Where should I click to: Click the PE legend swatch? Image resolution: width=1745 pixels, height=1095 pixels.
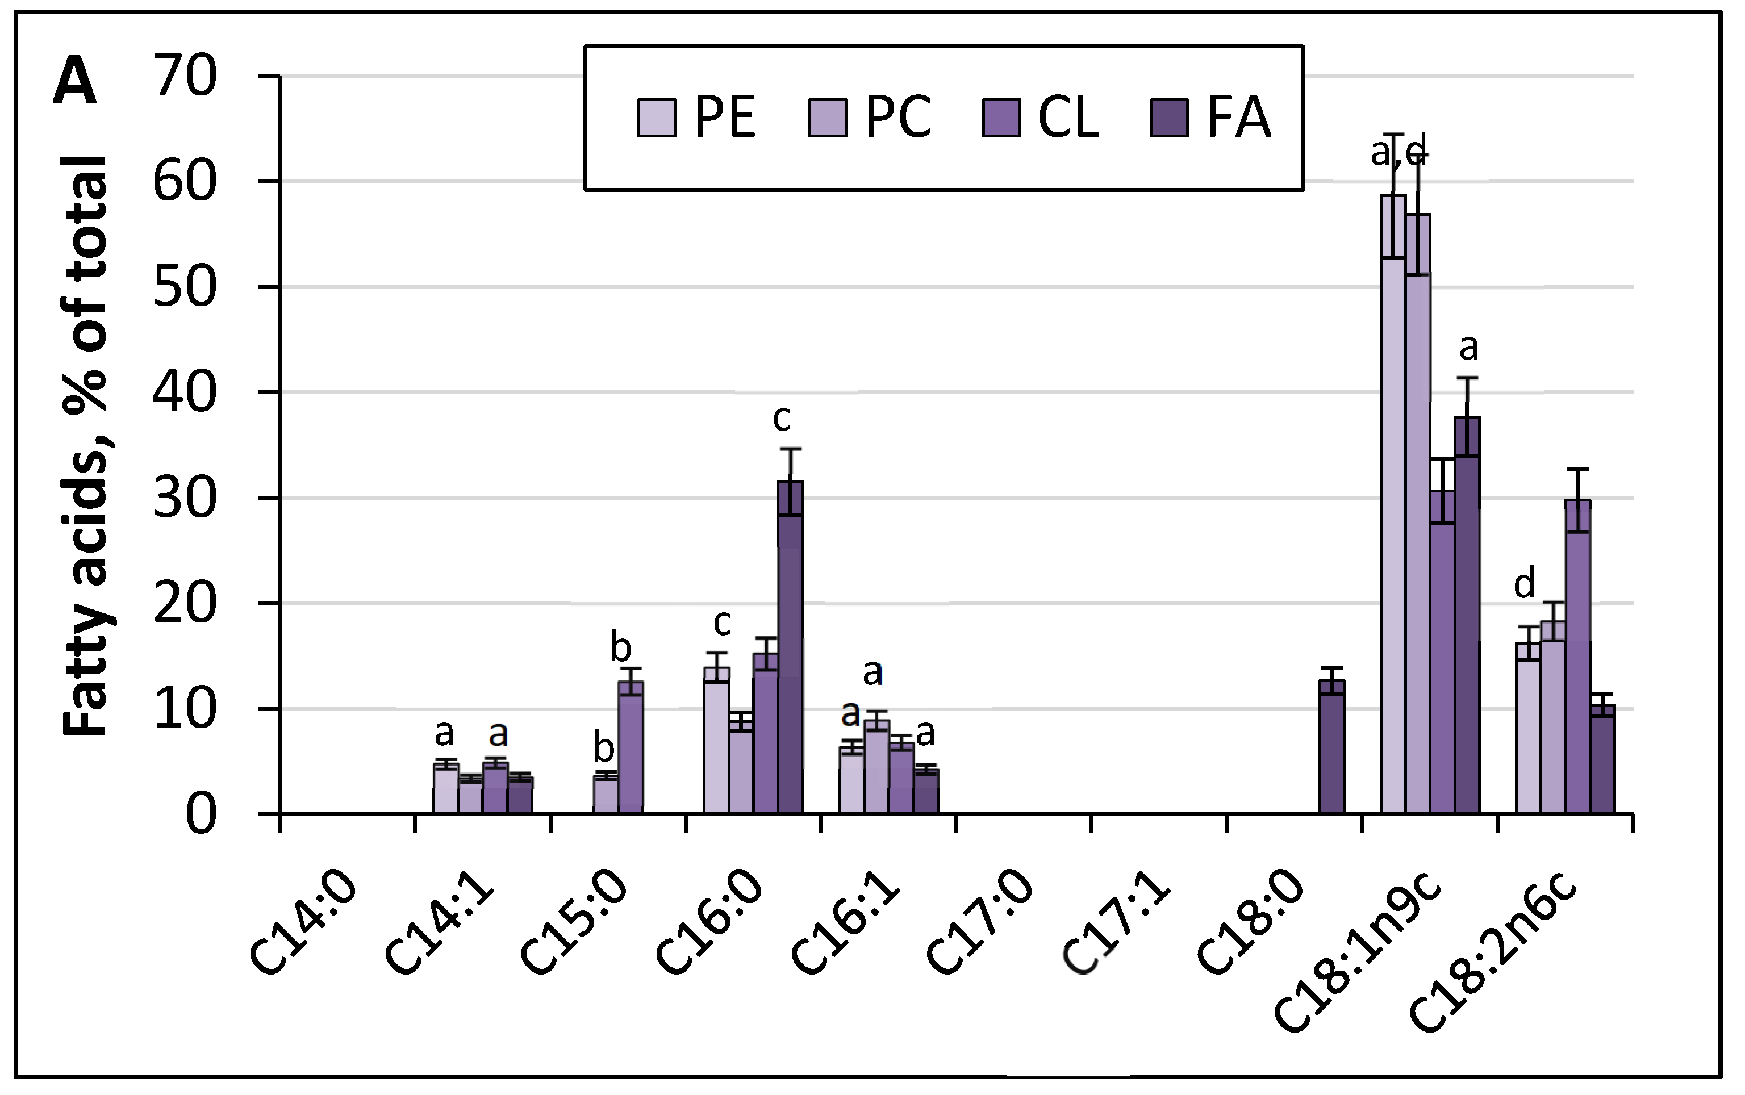click(656, 118)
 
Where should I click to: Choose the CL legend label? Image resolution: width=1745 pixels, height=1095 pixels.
click(1068, 118)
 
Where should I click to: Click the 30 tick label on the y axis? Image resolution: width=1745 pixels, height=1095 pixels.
click(185, 498)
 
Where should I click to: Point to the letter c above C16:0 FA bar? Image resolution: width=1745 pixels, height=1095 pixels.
click(782, 419)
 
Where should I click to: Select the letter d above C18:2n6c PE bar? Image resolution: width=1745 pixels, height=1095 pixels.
click(1524, 583)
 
